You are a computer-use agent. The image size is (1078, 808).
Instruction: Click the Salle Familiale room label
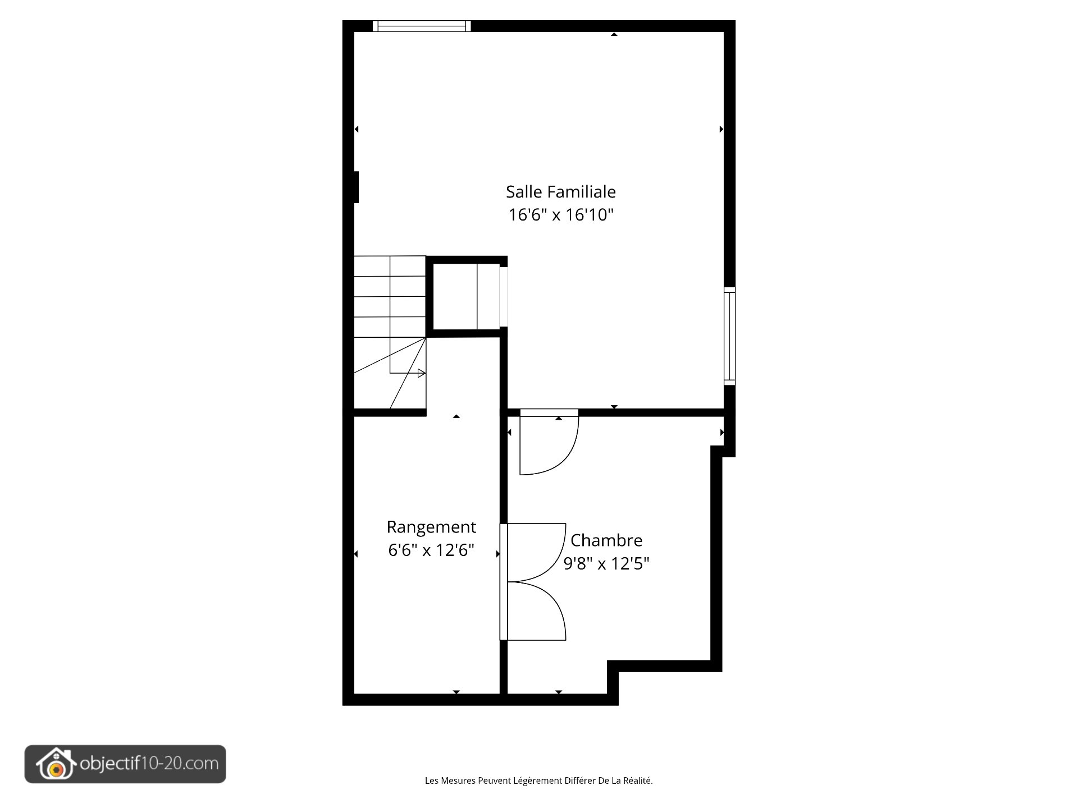pos(560,192)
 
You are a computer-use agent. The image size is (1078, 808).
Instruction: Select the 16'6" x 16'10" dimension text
pos(560,215)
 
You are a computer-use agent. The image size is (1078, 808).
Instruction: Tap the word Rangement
pos(431,527)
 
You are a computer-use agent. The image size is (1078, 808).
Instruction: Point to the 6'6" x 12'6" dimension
pos(431,550)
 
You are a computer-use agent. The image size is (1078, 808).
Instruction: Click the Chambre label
pos(606,540)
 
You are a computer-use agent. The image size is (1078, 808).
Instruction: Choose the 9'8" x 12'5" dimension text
pos(606,563)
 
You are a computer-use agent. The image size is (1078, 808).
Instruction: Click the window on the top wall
pos(422,26)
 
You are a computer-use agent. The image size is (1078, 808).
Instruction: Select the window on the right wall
pos(729,336)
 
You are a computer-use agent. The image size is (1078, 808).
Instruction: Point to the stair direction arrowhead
pos(422,373)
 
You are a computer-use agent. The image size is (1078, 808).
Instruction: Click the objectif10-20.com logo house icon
pos(56,764)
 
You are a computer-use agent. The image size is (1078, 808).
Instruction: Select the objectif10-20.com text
pos(149,764)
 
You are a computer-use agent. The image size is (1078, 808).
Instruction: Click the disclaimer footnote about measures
pos(538,781)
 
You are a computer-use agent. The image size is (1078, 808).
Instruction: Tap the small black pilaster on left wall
pos(356,187)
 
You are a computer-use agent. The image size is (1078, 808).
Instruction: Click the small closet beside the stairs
pos(465,296)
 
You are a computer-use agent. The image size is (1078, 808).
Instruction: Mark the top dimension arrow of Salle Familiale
pos(614,35)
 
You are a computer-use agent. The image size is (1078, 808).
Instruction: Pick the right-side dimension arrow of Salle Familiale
pos(721,129)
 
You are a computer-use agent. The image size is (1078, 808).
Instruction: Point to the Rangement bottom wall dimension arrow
pos(456,692)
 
